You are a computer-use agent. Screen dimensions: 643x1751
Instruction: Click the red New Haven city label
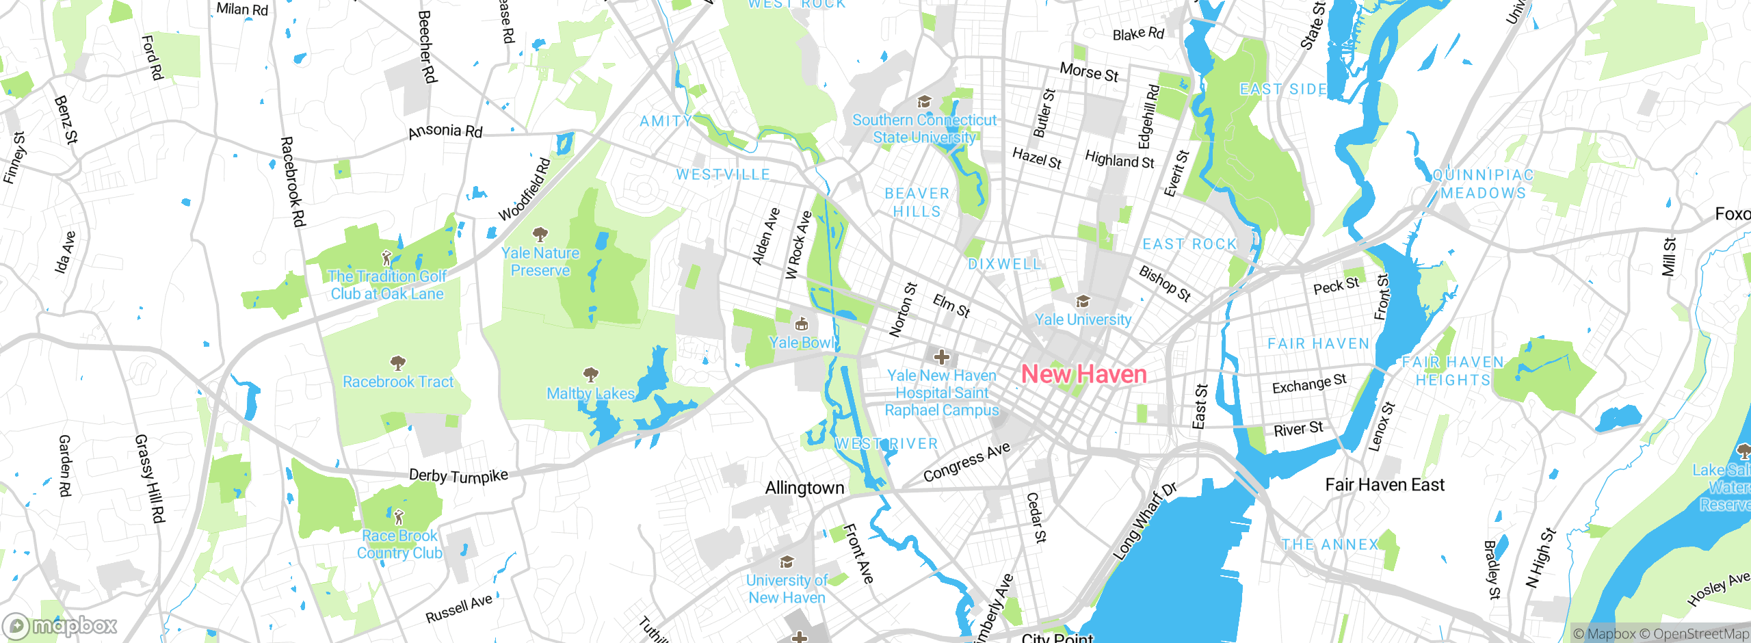[x=1083, y=374]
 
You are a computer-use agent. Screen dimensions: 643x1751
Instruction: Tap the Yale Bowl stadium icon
[x=802, y=324]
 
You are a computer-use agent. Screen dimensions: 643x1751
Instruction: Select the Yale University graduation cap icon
[x=1082, y=302]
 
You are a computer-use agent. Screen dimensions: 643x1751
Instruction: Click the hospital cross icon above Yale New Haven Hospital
[x=942, y=356]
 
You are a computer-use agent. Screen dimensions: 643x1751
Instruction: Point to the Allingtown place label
[x=804, y=488]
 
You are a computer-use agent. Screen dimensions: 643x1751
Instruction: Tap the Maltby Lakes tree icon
[x=590, y=375]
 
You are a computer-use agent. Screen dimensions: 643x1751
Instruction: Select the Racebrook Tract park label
[x=398, y=382]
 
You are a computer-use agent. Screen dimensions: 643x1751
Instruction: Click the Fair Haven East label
[x=1384, y=485]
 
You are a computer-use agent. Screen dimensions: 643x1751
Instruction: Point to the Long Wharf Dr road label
[x=1145, y=521]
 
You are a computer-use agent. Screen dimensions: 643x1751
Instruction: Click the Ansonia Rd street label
[x=445, y=131]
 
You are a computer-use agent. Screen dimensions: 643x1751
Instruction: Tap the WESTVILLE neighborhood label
[x=723, y=174]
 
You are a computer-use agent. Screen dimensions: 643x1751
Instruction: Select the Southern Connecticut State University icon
[x=924, y=103]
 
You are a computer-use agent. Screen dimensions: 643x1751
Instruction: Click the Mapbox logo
[x=60, y=625]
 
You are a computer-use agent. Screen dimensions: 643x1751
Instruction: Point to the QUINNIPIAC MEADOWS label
[x=1483, y=184]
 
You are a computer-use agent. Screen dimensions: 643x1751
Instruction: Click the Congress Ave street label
[x=966, y=462]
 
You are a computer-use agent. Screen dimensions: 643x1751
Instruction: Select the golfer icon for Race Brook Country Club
[x=399, y=517]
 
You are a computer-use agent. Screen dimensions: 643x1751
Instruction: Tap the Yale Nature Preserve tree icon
[x=540, y=235]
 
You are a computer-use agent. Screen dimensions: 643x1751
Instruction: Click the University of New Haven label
[x=787, y=589]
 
